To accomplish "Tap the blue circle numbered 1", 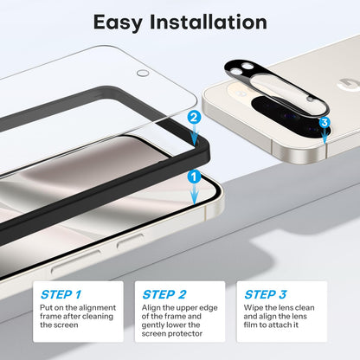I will [x=194, y=176].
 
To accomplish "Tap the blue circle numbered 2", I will [x=194, y=116].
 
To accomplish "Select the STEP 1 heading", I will [x=61, y=294].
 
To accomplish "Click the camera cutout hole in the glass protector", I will [x=144, y=74].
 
